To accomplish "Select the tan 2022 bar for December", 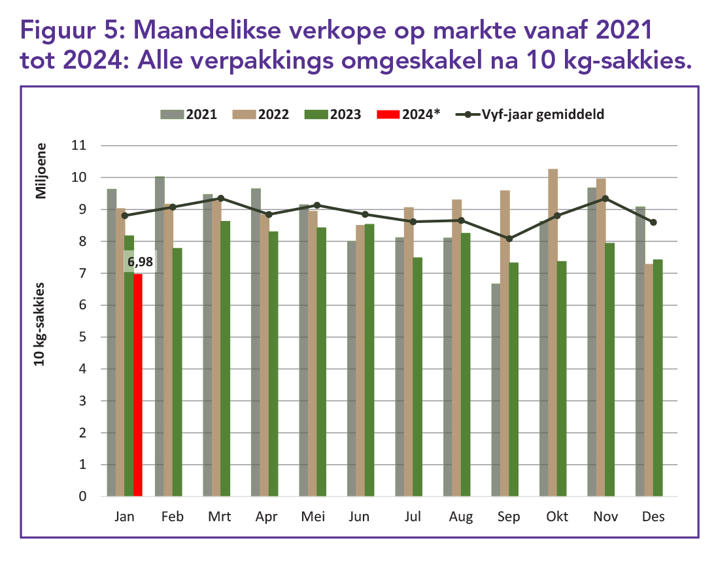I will tap(649, 380).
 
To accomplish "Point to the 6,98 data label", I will tap(140, 262).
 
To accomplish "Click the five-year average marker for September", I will tap(510, 239).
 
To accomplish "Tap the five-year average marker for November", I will tap(605, 198).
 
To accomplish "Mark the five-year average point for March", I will tap(221, 198).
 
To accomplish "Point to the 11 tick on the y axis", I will tap(78, 146).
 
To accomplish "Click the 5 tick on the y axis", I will tap(82, 337).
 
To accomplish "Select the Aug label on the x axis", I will tap(461, 517).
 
